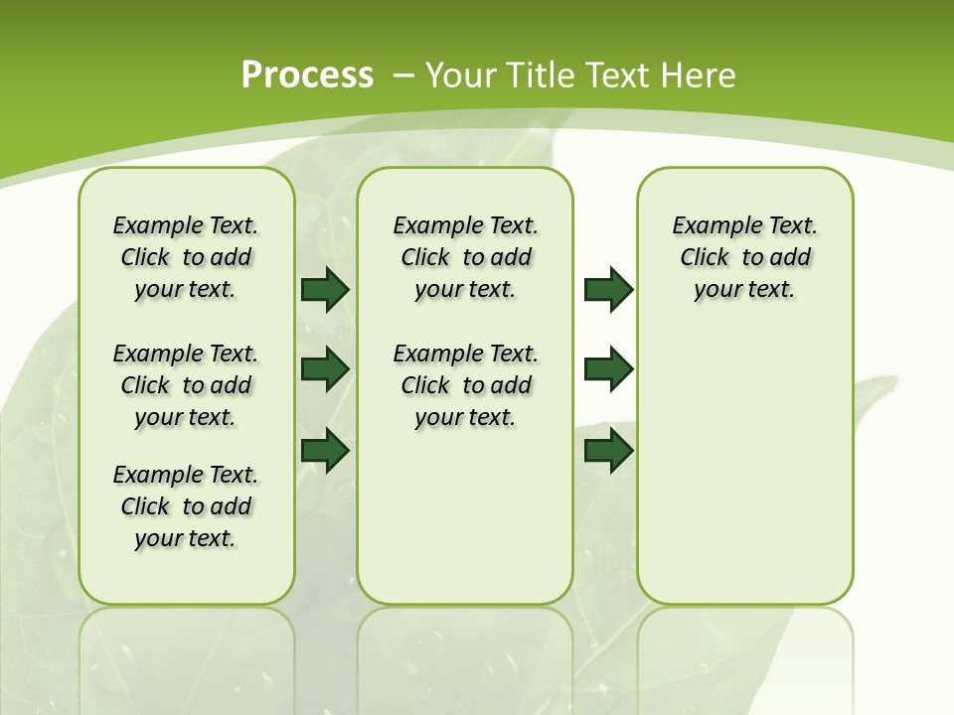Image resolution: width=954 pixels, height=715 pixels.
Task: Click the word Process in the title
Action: click(x=307, y=74)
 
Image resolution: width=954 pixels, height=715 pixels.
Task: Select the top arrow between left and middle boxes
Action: click(x=324, y=290)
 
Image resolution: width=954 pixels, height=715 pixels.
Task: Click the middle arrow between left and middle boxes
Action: click(x=324, y=370)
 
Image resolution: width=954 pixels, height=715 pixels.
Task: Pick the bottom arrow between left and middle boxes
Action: click(x=324, y=450)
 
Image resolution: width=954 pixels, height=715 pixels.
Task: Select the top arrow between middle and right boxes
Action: click(x=608, y=290)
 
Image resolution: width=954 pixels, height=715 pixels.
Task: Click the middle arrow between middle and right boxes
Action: click(x=608, y=370)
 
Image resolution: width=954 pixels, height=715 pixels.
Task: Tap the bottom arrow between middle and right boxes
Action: click(x=608, y=450)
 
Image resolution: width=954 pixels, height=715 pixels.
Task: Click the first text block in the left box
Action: click(x=186, y=257)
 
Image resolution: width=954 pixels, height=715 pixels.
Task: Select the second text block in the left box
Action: click(x=186, y=385)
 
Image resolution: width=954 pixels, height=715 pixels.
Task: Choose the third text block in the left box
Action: click(x=186, y=506)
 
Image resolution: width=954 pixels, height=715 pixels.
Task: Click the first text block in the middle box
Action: click(x=466, y=257)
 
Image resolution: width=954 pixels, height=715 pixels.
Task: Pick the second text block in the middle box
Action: click(x=466, y=385)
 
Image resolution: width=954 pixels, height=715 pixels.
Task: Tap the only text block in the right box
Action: click(x=745, y=257)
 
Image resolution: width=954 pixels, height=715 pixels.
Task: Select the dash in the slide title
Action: click(x=404, y=74)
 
